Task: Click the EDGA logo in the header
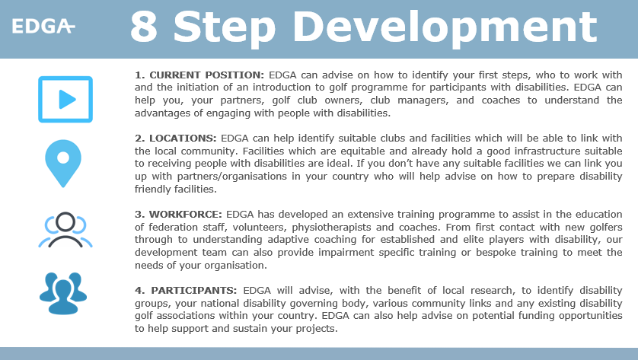(x=43, y=27)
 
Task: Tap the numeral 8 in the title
(x=145, y=27)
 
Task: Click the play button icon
(x=65, y=99)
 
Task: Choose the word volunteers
(x=247, y=228)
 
